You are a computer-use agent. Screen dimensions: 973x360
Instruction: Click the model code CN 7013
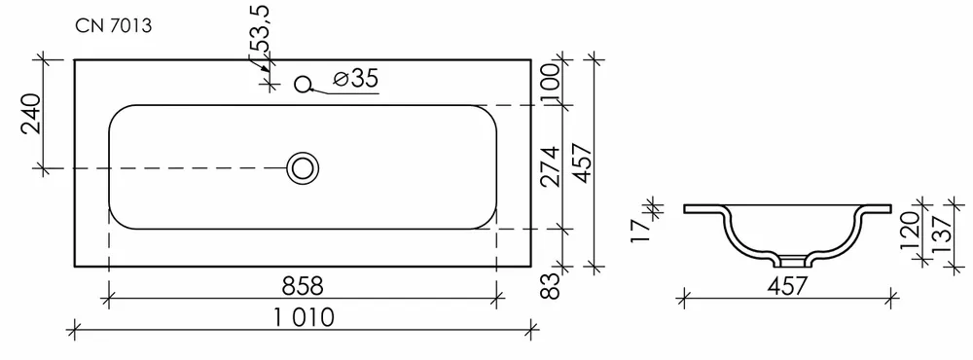(114, 26)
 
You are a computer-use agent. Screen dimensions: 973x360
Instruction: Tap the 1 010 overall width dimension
(304, 318)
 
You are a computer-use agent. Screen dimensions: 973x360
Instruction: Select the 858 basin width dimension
(303, 287)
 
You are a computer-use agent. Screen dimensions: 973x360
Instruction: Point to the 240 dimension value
(32, 114)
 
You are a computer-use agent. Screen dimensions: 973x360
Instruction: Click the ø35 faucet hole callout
(355, 79)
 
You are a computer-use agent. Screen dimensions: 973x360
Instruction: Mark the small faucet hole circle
(303, 84)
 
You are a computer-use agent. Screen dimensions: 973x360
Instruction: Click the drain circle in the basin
(303, 167)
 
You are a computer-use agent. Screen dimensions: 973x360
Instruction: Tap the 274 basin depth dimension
(551, 166)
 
